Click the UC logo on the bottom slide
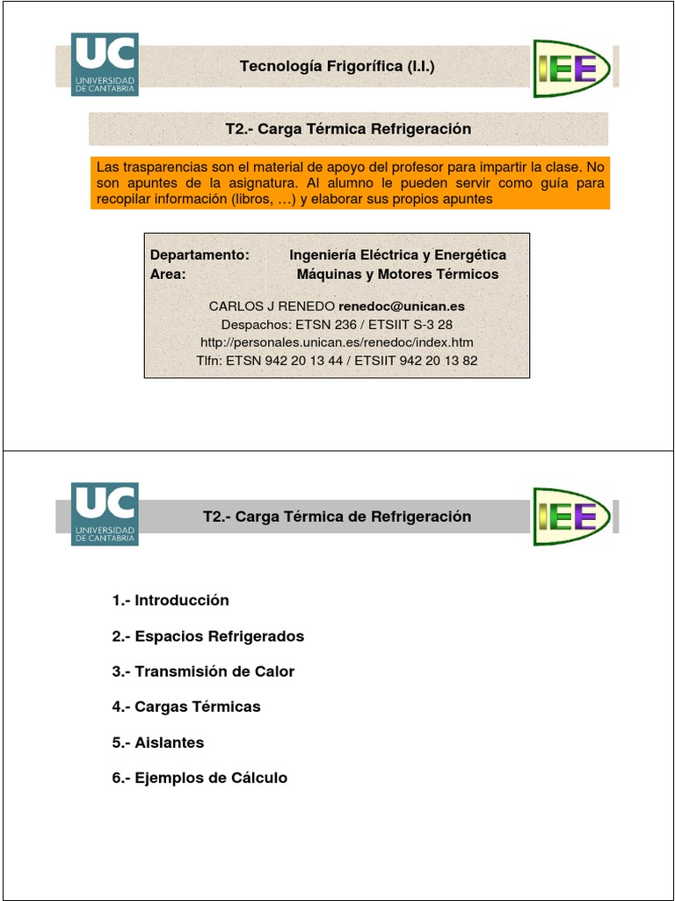(x=105, y=514)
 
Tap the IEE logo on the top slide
(x=570, y=68)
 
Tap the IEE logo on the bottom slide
(x=570, y=516)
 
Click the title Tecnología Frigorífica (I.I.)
(x=337, y=67)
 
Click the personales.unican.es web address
(x=337, y=342)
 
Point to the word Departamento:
(x=200, y=254)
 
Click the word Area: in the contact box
(x=169, y=274)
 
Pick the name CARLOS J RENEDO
(x=272, y=306)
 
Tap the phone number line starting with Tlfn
(x=337, y=361)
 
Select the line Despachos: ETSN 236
(x=337, y=324)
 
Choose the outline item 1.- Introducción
(x=171, y=600)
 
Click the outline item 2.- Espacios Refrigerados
(x=208, y=636)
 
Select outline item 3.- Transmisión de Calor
(x=203, y=671)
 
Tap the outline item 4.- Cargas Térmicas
(x=186, y=707)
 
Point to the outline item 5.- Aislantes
(x=158, y=743)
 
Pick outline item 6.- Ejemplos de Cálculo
(x=200, y=778)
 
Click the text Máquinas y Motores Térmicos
(x=397, y=274)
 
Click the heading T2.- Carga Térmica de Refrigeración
(x=337, y=516)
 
